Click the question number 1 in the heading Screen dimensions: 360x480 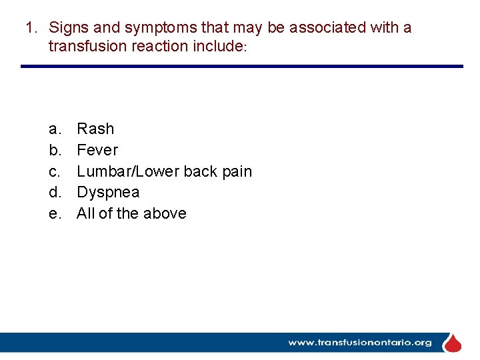pos(29,28)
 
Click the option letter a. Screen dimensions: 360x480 pos(53,129)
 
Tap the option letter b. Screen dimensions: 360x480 pos(53,150)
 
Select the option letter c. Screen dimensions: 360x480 pos(53,171)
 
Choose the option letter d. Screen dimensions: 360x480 pos(53,193)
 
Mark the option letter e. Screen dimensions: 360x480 pos(53,214)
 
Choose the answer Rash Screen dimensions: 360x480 pos(95,129)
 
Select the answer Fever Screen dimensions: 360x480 pos(97,150)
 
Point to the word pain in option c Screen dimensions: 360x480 pos(237,171)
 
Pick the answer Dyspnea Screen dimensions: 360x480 pos(108,193)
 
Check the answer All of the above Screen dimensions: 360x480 pos(131,214)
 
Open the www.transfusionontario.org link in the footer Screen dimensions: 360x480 pos(360,343)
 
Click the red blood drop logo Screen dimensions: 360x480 pos(453,343)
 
